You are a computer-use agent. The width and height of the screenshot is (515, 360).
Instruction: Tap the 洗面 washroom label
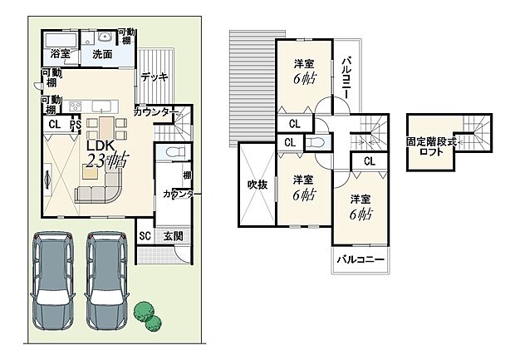pos(102,53)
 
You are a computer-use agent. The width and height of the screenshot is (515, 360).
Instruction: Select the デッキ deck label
pos(154,76)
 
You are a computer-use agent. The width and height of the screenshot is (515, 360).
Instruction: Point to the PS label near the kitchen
pos(76,125)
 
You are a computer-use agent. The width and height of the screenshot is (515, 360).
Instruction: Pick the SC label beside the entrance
pos(145,236)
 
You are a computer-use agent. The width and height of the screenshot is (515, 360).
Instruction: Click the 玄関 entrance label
pos(173,236)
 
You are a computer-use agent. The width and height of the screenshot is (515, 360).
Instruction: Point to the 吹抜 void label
pos(256,185)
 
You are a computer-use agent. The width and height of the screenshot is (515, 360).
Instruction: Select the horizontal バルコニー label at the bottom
pos(360,260)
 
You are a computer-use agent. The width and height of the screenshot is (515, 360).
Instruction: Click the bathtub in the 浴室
pos(59,40)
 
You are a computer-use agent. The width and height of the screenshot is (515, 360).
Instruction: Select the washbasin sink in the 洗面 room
pos(105,37)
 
